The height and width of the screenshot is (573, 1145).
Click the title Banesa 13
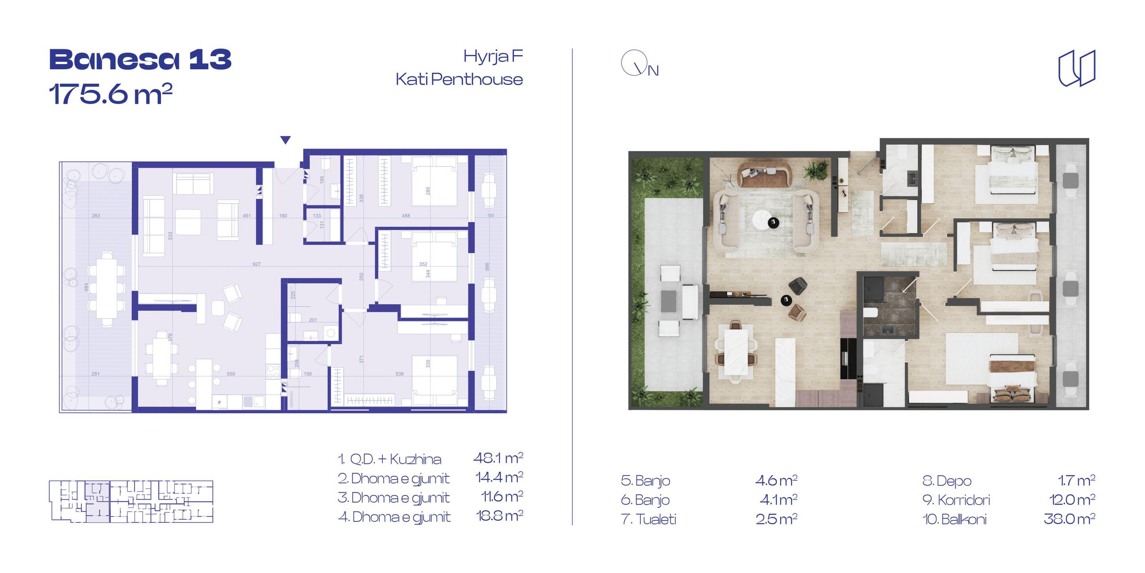coord(140,60)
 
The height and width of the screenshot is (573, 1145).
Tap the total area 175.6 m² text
coord(111,94)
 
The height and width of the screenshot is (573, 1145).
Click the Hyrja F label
coord(493,57)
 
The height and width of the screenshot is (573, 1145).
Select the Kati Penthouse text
coord(459,79)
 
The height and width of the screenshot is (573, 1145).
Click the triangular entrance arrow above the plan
coord(285,140)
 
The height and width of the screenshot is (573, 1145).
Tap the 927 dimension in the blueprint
coord(257,264)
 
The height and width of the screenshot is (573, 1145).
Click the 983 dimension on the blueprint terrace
coord(86,287)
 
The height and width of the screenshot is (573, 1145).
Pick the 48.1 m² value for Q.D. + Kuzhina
coord(498,458)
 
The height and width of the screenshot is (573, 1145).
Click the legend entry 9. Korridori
coord(956,500)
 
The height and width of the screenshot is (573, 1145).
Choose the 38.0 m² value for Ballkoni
coord(1069,519)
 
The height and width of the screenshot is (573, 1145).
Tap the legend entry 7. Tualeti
coord(648,519)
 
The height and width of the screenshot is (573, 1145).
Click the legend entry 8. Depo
coord(947,481)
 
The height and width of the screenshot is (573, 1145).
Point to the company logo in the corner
coord(1077,68)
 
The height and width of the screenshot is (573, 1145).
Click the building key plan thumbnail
coord(131,501)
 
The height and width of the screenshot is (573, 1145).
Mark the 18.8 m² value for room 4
coord(500,516)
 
